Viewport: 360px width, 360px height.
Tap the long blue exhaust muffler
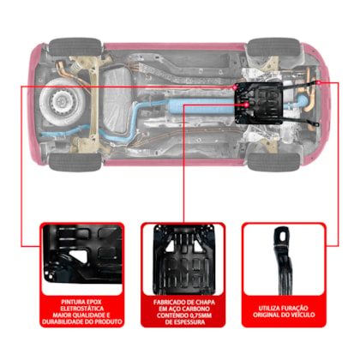[x=201, y=105]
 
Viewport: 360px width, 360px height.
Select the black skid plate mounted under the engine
[x=258, y=103]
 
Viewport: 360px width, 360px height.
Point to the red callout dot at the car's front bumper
[x=319, y=82]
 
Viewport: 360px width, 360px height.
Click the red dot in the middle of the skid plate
[x=247, y=105]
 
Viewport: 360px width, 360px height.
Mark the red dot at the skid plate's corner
[x=235, y=87]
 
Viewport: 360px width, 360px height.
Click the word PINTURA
[x=70, y=302]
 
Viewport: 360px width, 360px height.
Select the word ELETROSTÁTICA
[x=82, y=309]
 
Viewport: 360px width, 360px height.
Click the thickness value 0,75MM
[x=201, y=315]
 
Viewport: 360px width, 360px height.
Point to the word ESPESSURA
[x=191, y=322]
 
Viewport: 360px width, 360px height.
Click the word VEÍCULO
[x=303, y=315]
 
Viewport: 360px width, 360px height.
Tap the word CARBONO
[x=197, y=309]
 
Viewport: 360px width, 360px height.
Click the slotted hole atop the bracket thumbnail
[x=283, y=237]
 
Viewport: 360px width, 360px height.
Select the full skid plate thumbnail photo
[x=183, y=260]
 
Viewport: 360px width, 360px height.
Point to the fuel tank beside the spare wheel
[x=117, y=101]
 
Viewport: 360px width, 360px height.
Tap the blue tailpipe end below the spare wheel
[x=45, y=135]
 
